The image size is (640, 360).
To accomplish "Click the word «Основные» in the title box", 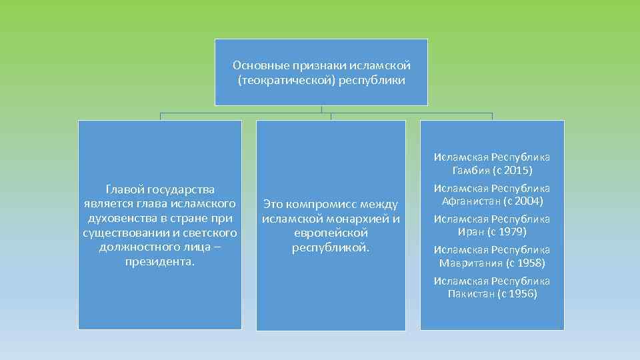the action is click(x=256, y=66).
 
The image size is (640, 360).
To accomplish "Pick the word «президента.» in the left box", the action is click(x=160, y=261).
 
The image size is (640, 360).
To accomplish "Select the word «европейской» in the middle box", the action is click(x=331, y=233).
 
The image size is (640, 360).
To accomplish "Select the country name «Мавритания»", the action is click(x=469, y=263).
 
